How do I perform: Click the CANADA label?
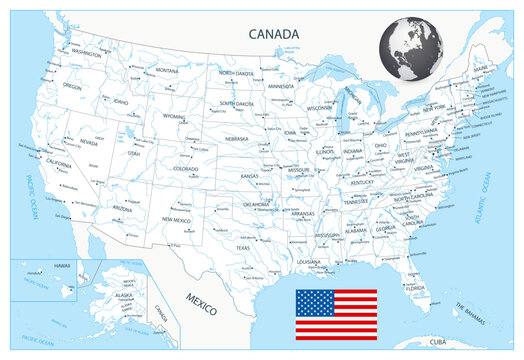[274, 34]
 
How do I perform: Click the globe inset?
[411, 50]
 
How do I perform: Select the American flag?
[335, 315]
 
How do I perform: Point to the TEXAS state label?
[243, 247]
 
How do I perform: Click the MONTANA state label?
[166, 71]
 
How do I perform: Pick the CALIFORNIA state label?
[57, 164]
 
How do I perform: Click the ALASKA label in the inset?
[124, 296]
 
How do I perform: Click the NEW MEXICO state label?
[176, 219]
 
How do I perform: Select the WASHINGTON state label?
[87, 53]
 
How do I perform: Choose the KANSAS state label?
[251, 175]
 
